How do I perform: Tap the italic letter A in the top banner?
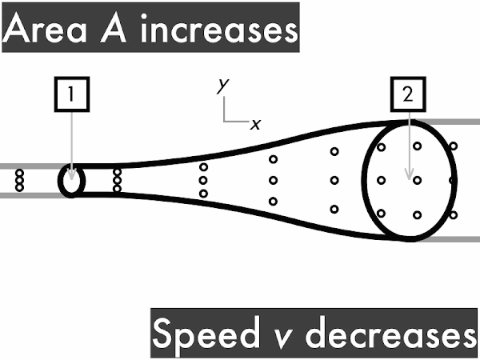(x=114, y=29)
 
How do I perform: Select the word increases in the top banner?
(x=219, y=28)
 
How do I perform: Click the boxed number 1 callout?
(x=72, y=94)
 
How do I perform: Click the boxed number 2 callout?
(x=408, y=94)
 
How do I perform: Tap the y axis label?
(x=223, y=86)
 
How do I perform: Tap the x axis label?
(x=256, y=125)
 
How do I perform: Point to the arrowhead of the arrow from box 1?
(x=72, y=174)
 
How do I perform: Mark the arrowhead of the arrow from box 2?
(x=409, y=174)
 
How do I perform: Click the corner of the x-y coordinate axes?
(x=224, y=122)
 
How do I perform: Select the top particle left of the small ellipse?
(x=19, y=174)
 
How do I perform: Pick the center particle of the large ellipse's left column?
(x=381, y=180)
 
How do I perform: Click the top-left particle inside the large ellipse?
(x=381, y=147)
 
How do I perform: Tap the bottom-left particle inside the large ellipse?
(x=381, y=213)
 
